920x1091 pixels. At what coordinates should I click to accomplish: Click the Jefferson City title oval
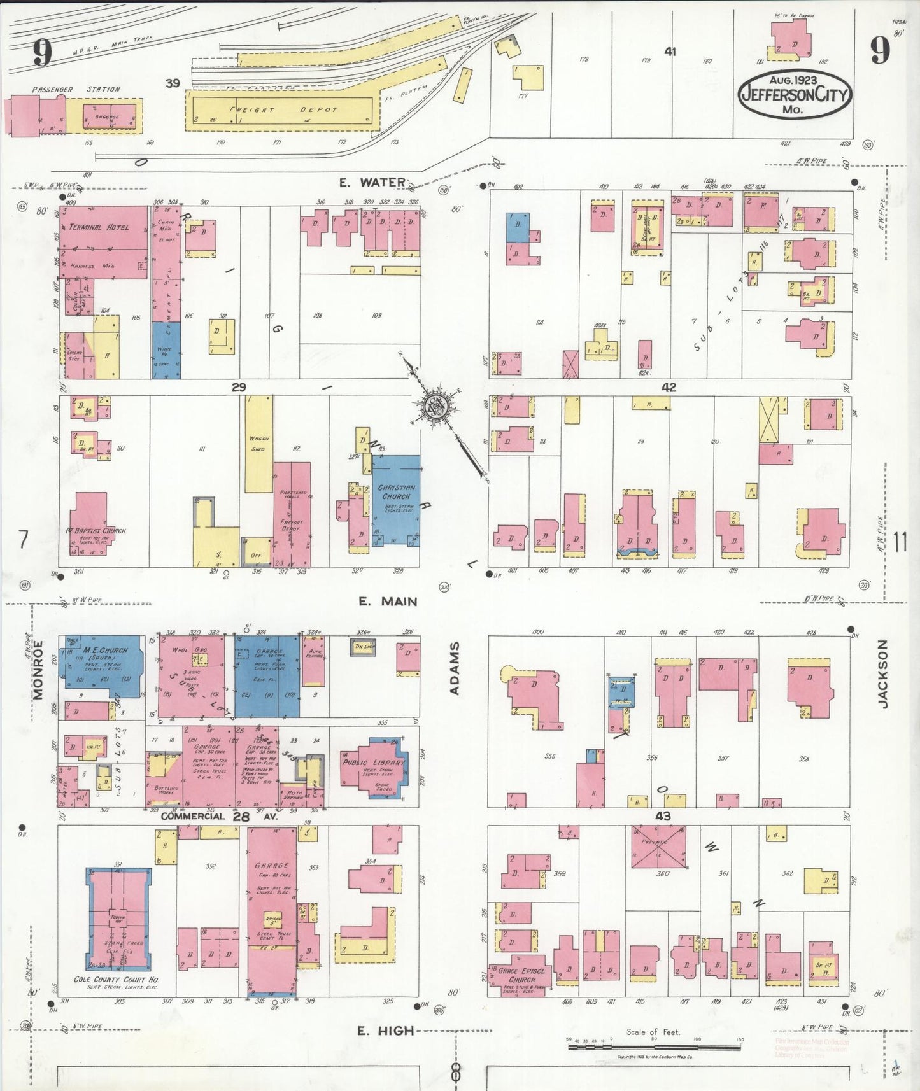pos(794,94)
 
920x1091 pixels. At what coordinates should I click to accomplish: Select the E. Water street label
pos(372,183)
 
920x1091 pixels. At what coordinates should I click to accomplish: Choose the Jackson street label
pos(882,674)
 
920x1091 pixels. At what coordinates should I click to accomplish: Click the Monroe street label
pos(38,670)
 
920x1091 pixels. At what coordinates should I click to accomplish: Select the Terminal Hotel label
pos(99,227)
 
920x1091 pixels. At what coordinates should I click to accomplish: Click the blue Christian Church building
pos(396,500)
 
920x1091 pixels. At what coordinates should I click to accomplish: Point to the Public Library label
pos(373,763)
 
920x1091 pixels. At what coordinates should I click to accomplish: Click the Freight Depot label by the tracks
pos(283,109)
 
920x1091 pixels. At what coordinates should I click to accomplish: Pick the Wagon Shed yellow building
pos(259,444)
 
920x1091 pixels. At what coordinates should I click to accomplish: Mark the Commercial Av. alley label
pos(193,816)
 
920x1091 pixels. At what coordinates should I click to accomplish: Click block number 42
pos(669,387)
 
